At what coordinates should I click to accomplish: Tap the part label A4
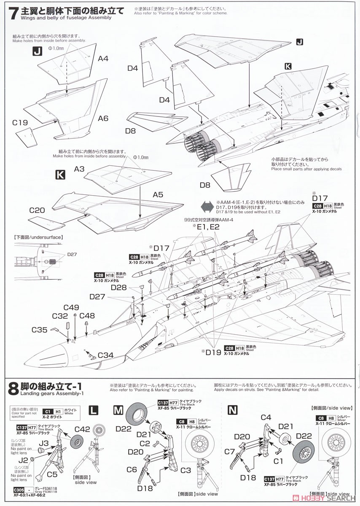[x=103, y=59]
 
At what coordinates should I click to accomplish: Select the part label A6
[x=103, y=118]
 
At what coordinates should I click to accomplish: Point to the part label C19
[x=20, y=123]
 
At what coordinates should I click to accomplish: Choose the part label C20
[x=38, y=209]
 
